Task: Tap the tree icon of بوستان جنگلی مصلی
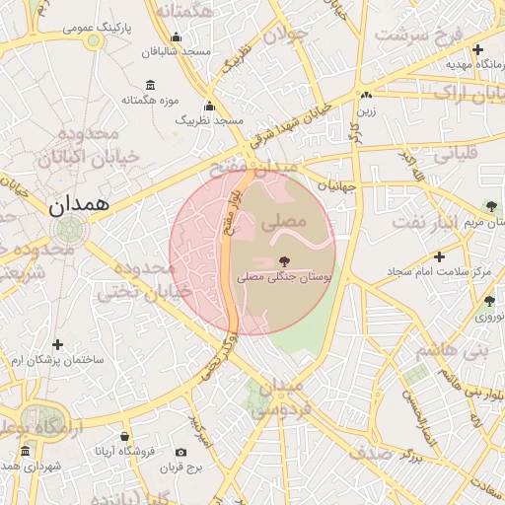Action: (286, 262)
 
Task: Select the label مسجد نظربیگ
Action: (209, 119)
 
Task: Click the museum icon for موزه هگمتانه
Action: (149, 85)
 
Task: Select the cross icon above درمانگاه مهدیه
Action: (478, 49)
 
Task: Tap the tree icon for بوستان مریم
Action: (492, 207)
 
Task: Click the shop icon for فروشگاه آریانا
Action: (124, 436)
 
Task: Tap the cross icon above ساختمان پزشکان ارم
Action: (58, 344)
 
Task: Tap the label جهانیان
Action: (335, 184)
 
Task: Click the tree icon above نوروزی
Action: (488, 301)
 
